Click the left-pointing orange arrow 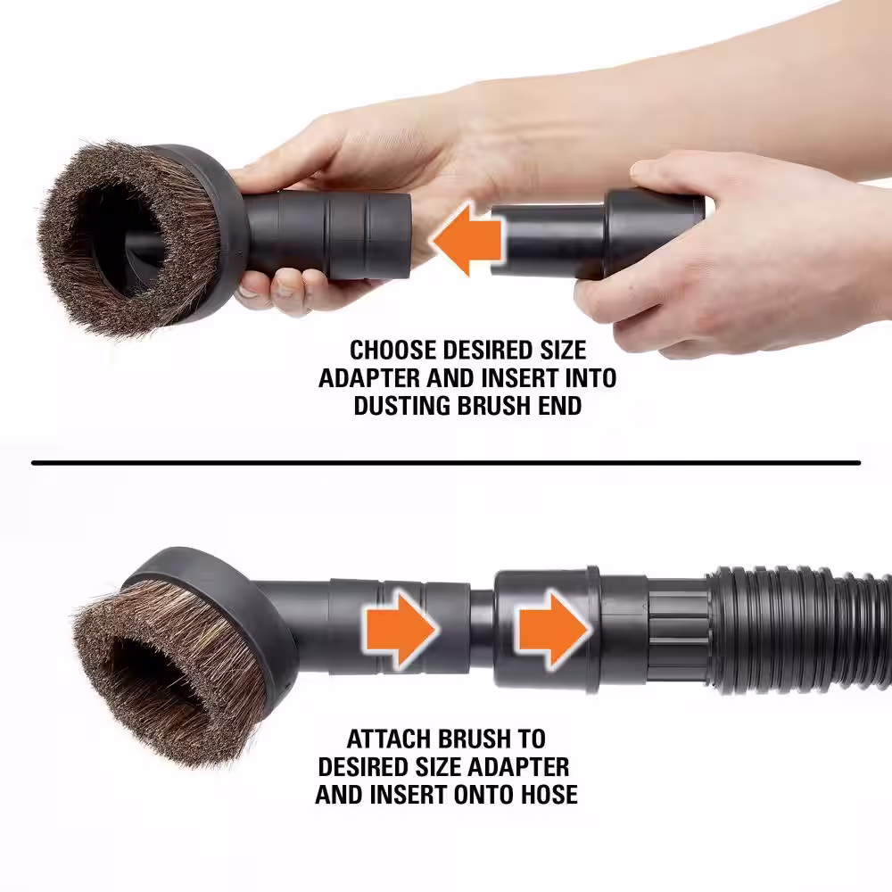coord(467,238)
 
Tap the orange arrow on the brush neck coord(400,629)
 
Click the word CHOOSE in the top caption coord(392,351)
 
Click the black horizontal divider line coord(446,463)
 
